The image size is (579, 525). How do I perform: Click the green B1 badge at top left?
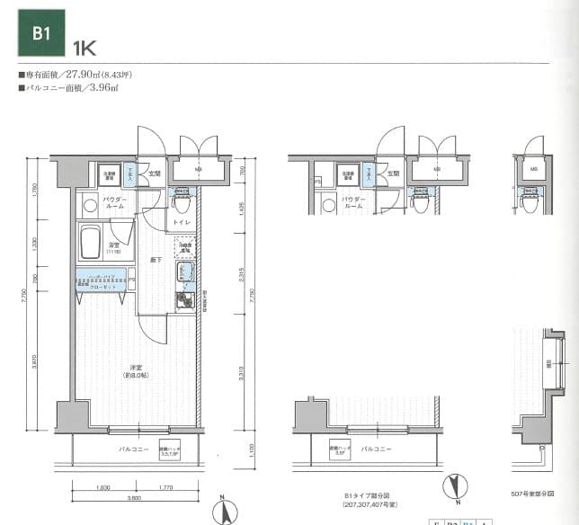point(40,35)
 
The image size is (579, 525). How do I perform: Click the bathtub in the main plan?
point(90,242)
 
